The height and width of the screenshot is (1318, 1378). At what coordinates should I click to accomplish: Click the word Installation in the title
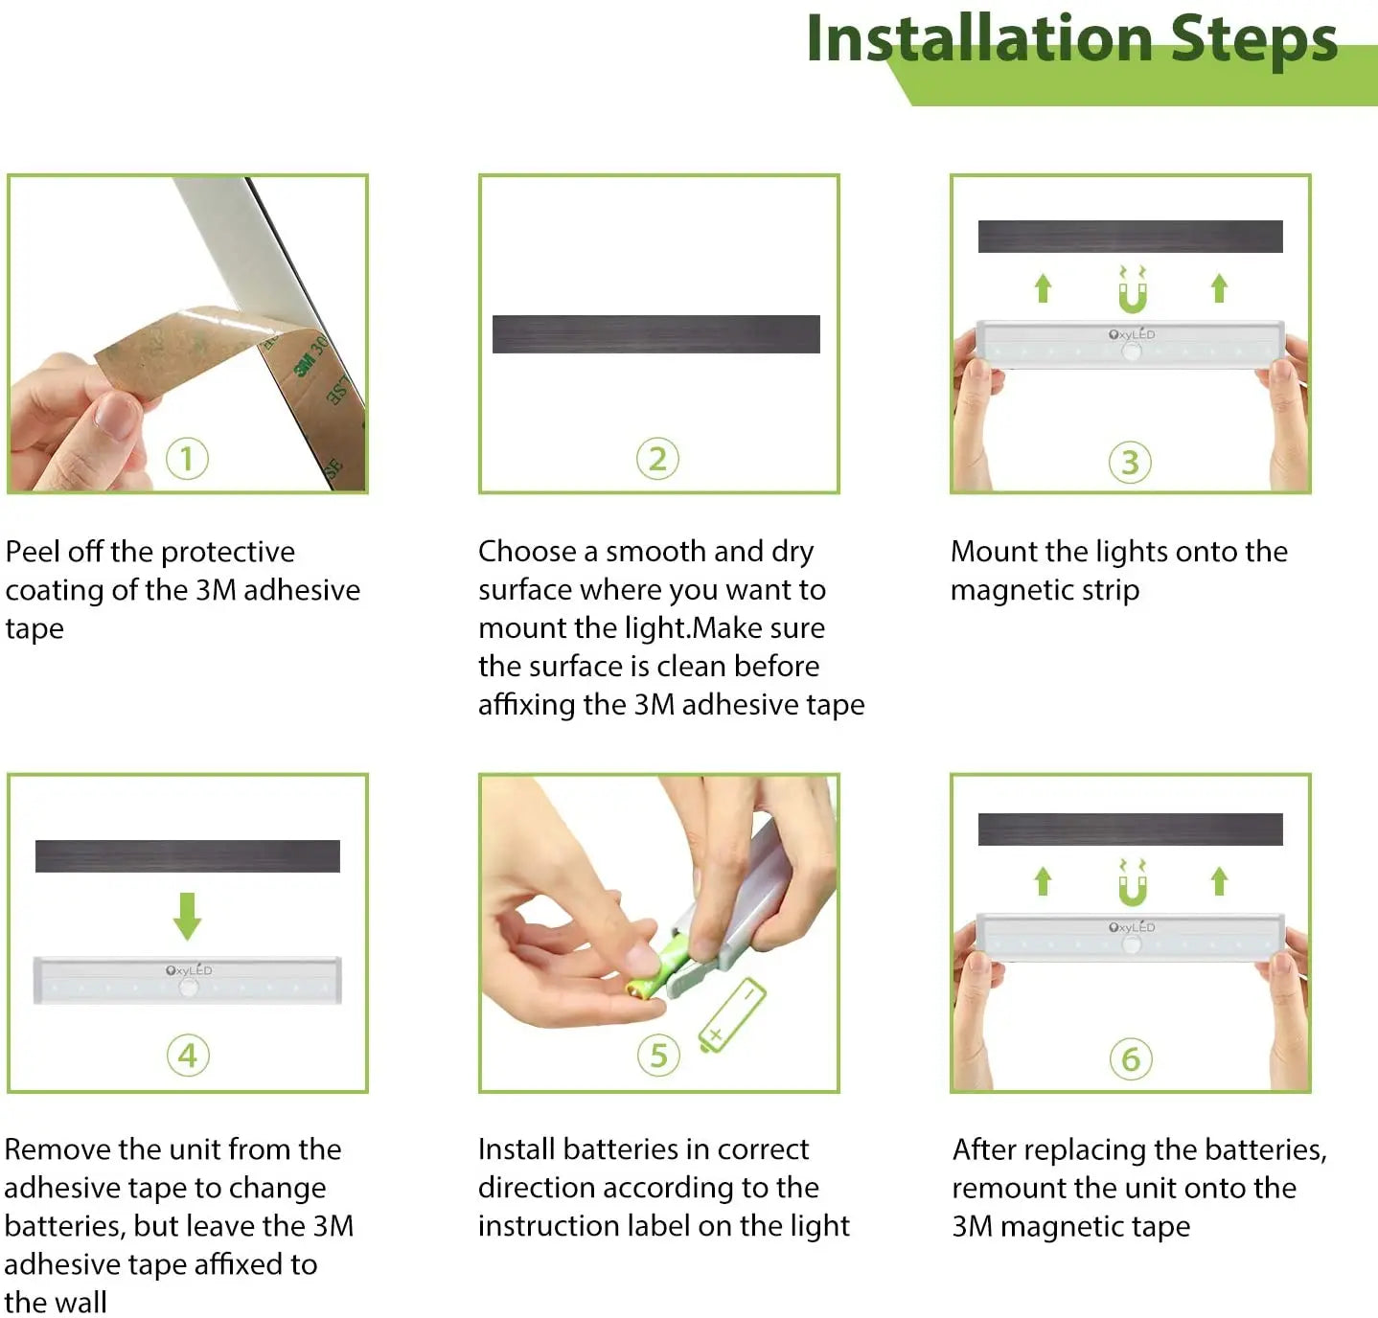978,40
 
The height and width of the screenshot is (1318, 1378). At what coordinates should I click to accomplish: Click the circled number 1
187,459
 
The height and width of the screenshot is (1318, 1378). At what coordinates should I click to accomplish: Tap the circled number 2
657,459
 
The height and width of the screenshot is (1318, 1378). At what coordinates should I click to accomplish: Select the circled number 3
1130,463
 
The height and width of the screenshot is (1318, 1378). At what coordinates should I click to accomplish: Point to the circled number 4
188,1056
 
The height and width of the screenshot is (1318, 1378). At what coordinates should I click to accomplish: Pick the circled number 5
658,1056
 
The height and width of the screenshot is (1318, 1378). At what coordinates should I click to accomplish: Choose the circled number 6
1131,1059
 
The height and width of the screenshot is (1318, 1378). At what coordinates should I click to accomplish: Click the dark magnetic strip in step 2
655,334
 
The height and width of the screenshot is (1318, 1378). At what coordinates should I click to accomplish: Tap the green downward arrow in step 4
187,916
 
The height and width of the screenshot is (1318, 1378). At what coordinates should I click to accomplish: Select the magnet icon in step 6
1132,883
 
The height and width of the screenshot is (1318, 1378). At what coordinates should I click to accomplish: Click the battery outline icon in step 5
733,1014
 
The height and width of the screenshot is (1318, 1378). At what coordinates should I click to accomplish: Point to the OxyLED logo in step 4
189,970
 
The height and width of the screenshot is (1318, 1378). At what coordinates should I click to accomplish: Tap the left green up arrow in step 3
1043,287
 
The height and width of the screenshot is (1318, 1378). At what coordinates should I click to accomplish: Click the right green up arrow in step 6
1219,880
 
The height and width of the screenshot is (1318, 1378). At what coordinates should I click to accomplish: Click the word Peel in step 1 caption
33,552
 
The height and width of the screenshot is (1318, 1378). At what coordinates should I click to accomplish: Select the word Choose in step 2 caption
527,552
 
